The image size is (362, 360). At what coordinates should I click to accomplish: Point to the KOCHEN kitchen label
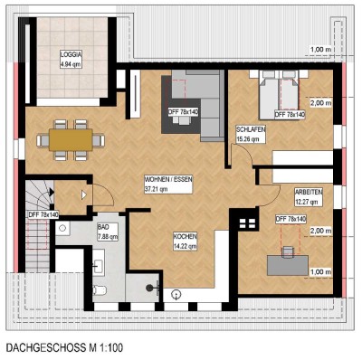(x=186, y=237)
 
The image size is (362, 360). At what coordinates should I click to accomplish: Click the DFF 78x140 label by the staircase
(x=43, y=215)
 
